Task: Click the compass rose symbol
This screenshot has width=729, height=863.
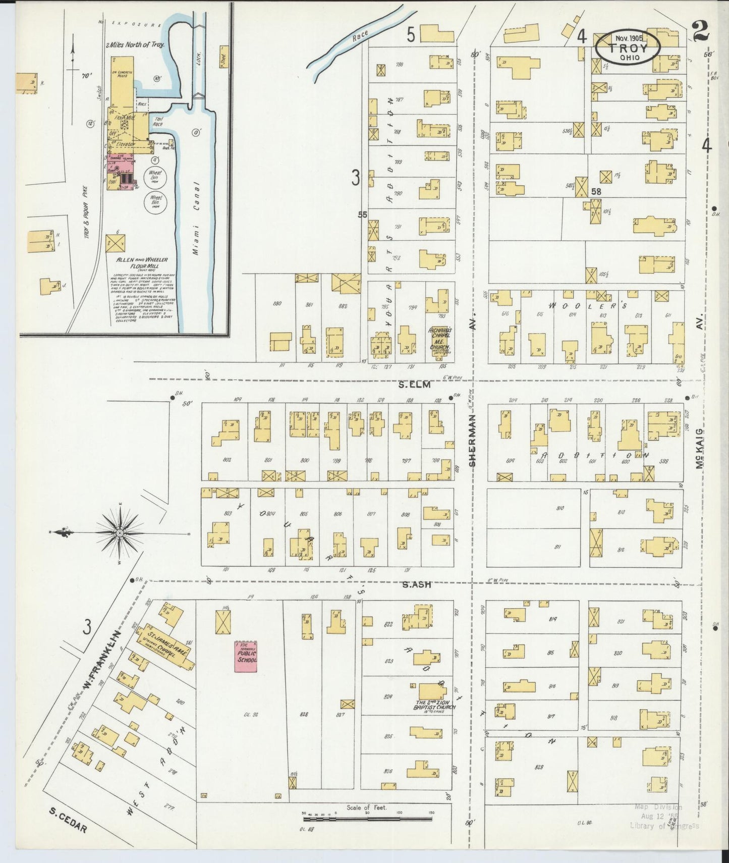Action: coord(120,533)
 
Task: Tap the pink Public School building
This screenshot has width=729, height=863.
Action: coord(246,656)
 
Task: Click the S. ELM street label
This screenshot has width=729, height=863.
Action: coord(414,385)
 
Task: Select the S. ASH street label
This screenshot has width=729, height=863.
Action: coord(417,584)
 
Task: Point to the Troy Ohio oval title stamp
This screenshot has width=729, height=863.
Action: coord(628,47)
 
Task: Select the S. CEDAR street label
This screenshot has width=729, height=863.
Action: coord(68,822)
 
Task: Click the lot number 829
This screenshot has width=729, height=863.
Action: coord(539,767)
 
